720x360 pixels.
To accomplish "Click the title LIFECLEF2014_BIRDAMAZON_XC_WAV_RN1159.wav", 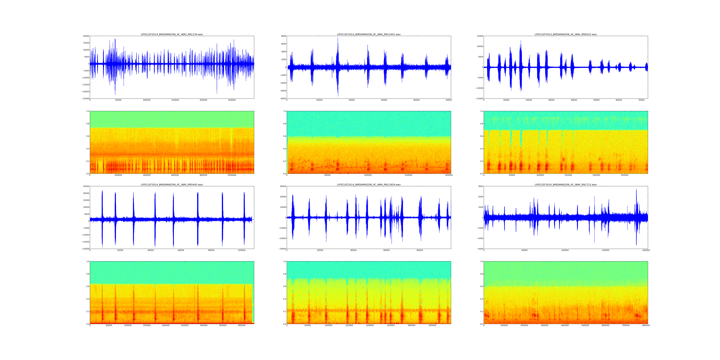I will point(172,34).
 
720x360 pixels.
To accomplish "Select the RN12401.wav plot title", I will point(369,34).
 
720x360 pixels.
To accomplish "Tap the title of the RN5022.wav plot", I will point(565,34).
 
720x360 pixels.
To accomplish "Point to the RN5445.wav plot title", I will point(172,184).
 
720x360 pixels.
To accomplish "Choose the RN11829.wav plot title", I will point(369,184).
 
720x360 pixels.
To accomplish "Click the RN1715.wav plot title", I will point(565,184).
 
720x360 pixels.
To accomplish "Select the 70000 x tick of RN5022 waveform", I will point(641,100).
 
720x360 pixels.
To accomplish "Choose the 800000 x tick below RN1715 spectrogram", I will point(646,325).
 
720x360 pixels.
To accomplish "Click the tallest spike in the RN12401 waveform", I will point(338,38).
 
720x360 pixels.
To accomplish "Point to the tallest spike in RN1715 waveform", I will point(636,189).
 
